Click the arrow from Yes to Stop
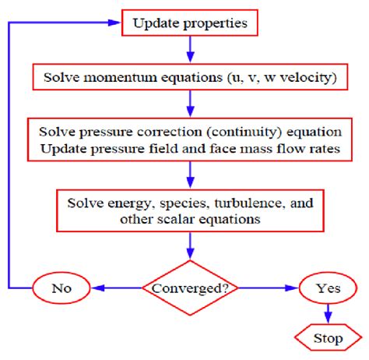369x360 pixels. pos(328,314)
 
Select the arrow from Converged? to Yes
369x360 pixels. pos(269,288)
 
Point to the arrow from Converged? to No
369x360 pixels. pos(117,288)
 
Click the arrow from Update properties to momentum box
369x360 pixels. pos(190,50)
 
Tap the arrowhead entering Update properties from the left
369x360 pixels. pos(114,23)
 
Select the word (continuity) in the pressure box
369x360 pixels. pos(244,132)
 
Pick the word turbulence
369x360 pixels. pos(248,203)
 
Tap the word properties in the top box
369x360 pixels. pos(216,24)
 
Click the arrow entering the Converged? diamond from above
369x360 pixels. pos(190,246)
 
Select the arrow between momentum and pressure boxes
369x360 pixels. pos(190,104)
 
